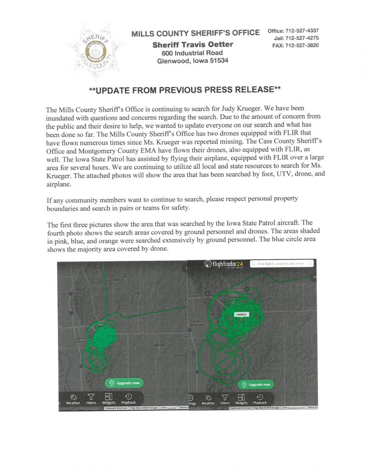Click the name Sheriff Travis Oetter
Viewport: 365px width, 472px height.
[193, 44]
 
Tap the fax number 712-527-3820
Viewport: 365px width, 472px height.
[302, 46]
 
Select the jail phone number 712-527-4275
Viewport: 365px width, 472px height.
[302, 38]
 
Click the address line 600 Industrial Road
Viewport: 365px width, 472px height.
[189, 53]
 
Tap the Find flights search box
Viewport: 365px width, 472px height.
[282, 264]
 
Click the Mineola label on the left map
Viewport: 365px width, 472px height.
[119, 280]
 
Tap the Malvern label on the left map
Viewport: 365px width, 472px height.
[159, 344]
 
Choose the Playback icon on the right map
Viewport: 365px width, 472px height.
[260, 399]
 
